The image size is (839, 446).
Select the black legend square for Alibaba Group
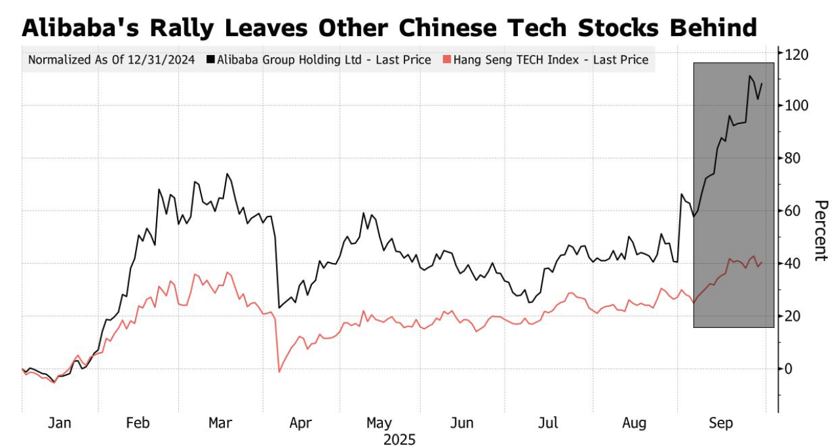coord(210,60)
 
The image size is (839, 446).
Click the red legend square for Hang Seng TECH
coord(447,60)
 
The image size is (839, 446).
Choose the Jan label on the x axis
coord(60,423)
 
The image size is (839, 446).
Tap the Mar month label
coord(220,423)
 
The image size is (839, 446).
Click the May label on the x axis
coord(380,423)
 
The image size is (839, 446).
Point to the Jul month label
coord(548,423)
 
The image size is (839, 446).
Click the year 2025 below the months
coord(399,439)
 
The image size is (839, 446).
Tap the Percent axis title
coord(820,230)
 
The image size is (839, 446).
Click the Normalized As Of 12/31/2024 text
coord(111,60)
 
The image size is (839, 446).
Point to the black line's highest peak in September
coord(749,76)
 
